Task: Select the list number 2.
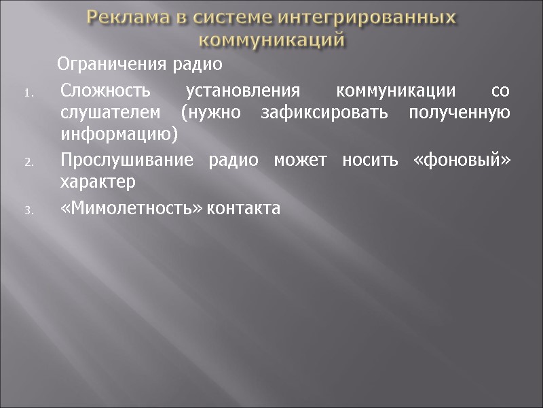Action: click(x=29, y=163)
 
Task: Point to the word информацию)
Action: click(x=118, y=135)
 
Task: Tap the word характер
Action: click(x=98, y=183)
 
